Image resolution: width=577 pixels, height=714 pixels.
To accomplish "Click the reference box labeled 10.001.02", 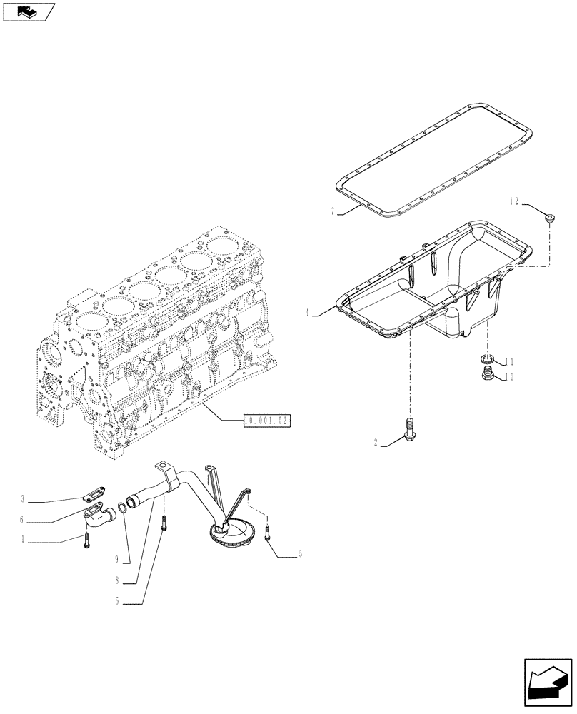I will pos(268,421).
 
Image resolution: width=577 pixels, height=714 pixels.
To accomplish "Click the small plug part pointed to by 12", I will pos(550,218).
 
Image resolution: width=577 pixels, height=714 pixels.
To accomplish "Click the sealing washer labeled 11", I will pos(486,359).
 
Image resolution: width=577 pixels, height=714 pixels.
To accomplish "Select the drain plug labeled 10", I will pos(486,374).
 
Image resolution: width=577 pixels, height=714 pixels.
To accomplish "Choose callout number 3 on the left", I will pos(23,498).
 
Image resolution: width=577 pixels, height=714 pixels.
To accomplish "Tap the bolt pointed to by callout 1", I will pos(86,541).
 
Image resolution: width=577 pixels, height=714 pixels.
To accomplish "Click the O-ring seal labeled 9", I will pos(123,508).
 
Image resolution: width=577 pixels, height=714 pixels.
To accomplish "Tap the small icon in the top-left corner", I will pos(28,11).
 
